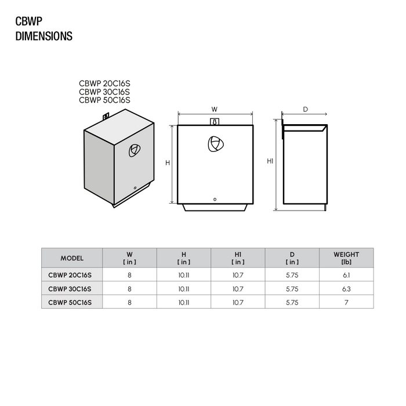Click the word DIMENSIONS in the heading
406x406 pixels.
(43, 37)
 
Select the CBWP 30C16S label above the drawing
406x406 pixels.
(104, 91)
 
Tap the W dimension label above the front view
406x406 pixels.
(214, 109)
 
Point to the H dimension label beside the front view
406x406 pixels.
(168, 163)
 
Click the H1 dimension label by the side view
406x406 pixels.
(270, 161)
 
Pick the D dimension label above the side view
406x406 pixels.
(304, 109)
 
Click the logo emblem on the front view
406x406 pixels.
(215, 144)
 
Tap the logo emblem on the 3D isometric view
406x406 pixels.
(133, 150)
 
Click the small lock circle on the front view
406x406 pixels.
(215, 200)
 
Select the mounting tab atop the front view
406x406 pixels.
(215, 122)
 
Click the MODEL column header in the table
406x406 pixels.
(72, 258)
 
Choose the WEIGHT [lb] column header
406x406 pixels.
(346, 258)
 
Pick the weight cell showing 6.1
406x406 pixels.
(346, 275)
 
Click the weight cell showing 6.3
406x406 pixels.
(346, 288)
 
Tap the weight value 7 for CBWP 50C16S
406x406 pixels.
(346, 302)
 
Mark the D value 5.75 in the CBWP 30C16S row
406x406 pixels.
(292, 288)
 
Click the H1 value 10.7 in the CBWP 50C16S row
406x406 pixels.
(238, 302)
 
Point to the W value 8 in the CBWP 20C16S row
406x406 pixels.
(129, 275)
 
